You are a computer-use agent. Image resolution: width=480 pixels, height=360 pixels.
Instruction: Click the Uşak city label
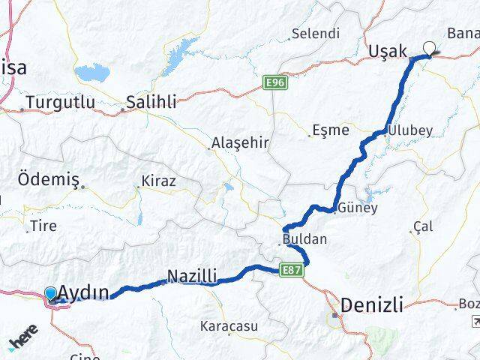click(x=388, y=51)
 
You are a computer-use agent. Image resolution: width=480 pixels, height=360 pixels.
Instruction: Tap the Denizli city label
click(x=372, y=305)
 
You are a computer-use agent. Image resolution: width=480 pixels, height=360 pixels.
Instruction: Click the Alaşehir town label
click(x=240, y=142)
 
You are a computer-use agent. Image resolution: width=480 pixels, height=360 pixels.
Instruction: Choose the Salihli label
click(x=151, y=102)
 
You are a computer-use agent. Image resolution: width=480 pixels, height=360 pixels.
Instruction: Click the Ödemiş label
click(x=46, y=181)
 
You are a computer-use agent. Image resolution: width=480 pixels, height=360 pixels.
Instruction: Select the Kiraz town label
click(x=158, y=181)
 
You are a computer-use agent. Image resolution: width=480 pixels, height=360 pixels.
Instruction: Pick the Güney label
click(x=358, y=208)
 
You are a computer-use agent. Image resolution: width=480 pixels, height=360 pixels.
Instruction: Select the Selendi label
click(x=316, y=34)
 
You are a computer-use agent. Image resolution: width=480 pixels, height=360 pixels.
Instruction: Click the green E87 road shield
click(x=292, y=268)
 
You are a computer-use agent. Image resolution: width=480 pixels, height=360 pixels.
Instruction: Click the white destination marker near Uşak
click(x=429, y=49)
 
